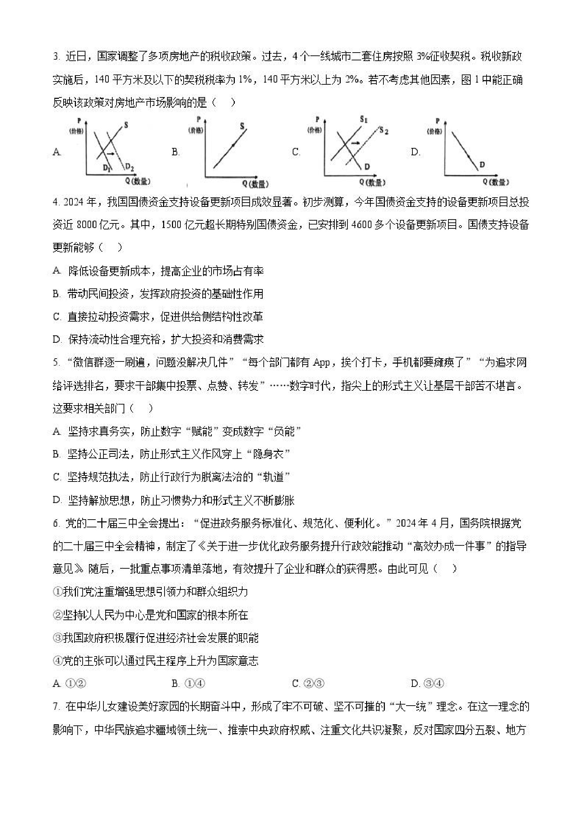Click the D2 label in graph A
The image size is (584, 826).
(x=130, y=167)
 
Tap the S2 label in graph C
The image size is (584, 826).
(x=384, y=131)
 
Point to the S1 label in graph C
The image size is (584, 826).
(x=364, y=119)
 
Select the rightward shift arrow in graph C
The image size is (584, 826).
(x=356, y=143)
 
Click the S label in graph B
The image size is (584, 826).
(x=242, y=126)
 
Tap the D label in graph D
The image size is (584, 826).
(x=482, y=164)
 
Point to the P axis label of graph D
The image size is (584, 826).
(x=437, y=121)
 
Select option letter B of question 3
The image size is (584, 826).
(x=175, y=152)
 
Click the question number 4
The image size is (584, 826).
(x=56, y=203)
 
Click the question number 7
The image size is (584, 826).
(x=56, y=707)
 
